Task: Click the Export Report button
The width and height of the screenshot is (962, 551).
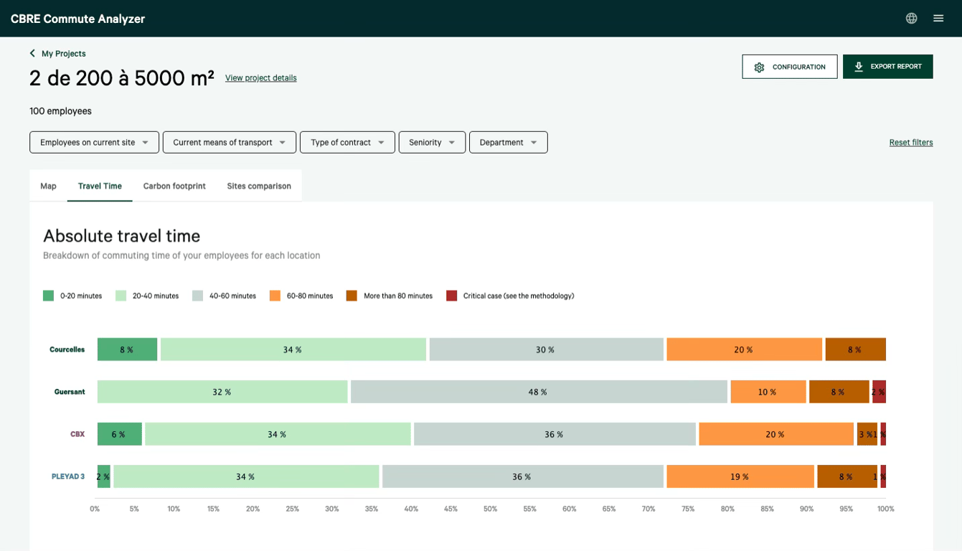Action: click(887, 67)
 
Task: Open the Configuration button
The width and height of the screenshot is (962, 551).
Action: click(789, 67)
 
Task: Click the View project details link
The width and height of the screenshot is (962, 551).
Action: click(260, 78)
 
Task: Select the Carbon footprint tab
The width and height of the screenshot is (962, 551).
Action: click(174, 186)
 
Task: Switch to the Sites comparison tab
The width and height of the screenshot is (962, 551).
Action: click(259, 186)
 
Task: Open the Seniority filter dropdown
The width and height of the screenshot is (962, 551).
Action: click(432, 142)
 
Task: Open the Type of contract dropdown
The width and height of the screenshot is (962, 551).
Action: click(347, 142)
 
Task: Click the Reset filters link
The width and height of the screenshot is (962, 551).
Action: click(910, 143)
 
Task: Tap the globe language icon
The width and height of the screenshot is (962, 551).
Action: click(911, 19)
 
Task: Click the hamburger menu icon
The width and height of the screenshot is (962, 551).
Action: click(938, 19)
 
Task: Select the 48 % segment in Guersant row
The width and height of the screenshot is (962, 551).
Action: click(539, 392)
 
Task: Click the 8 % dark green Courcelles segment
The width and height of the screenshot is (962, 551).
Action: click(127, 349)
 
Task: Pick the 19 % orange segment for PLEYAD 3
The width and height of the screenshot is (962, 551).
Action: click(740, 476)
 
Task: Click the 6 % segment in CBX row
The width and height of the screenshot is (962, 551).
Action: click(119, 434)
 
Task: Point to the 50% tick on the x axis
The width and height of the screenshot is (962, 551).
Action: click(490, 509)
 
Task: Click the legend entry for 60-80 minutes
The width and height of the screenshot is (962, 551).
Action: click(301, 296)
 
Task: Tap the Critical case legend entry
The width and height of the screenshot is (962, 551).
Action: click(510, 296)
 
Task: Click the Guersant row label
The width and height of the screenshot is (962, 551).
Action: click(70, 392)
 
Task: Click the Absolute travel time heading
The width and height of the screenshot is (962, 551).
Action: click(121, 236)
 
